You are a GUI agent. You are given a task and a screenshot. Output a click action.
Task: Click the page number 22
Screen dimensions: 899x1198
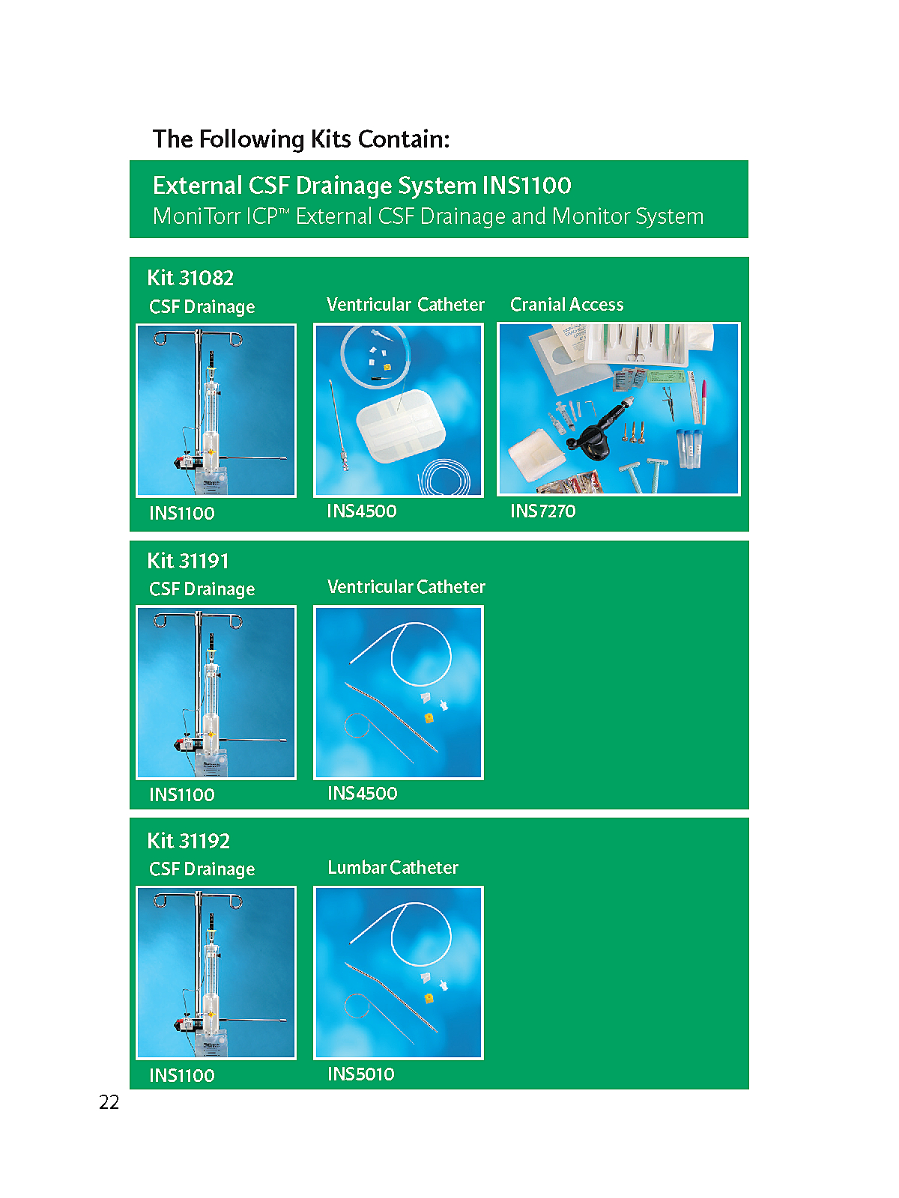109,1102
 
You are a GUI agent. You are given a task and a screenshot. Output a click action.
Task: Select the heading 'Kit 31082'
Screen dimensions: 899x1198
190,278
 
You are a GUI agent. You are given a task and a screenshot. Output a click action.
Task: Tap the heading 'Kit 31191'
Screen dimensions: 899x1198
188,561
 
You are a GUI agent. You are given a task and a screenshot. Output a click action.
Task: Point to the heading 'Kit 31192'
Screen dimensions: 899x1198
188,841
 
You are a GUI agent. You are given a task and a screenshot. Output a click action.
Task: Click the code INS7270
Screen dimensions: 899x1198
542,511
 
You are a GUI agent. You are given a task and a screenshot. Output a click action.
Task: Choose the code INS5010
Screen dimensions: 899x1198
361,1074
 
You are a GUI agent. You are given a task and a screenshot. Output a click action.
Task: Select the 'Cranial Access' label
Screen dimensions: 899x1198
566,304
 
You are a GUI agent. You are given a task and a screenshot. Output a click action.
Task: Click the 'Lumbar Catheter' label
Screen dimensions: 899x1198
393,867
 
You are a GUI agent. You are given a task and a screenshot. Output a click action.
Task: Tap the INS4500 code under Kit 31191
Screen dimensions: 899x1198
363,793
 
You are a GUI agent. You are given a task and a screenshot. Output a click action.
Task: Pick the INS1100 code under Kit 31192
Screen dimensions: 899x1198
182,1075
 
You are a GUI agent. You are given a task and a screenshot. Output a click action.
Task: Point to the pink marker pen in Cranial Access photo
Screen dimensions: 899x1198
703,401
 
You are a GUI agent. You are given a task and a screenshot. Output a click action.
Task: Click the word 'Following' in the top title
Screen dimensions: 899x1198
251,139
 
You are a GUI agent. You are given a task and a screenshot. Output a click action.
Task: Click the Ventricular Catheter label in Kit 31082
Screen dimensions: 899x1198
405,304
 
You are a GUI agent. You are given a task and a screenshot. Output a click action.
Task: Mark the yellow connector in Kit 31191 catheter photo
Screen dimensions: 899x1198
429,718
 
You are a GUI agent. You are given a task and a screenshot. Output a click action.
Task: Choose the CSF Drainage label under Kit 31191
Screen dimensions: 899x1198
202,589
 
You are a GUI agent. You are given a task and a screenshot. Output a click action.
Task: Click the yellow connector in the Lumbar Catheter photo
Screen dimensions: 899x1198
429,998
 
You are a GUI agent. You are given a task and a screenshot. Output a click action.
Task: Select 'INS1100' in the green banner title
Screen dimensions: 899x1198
527,186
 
